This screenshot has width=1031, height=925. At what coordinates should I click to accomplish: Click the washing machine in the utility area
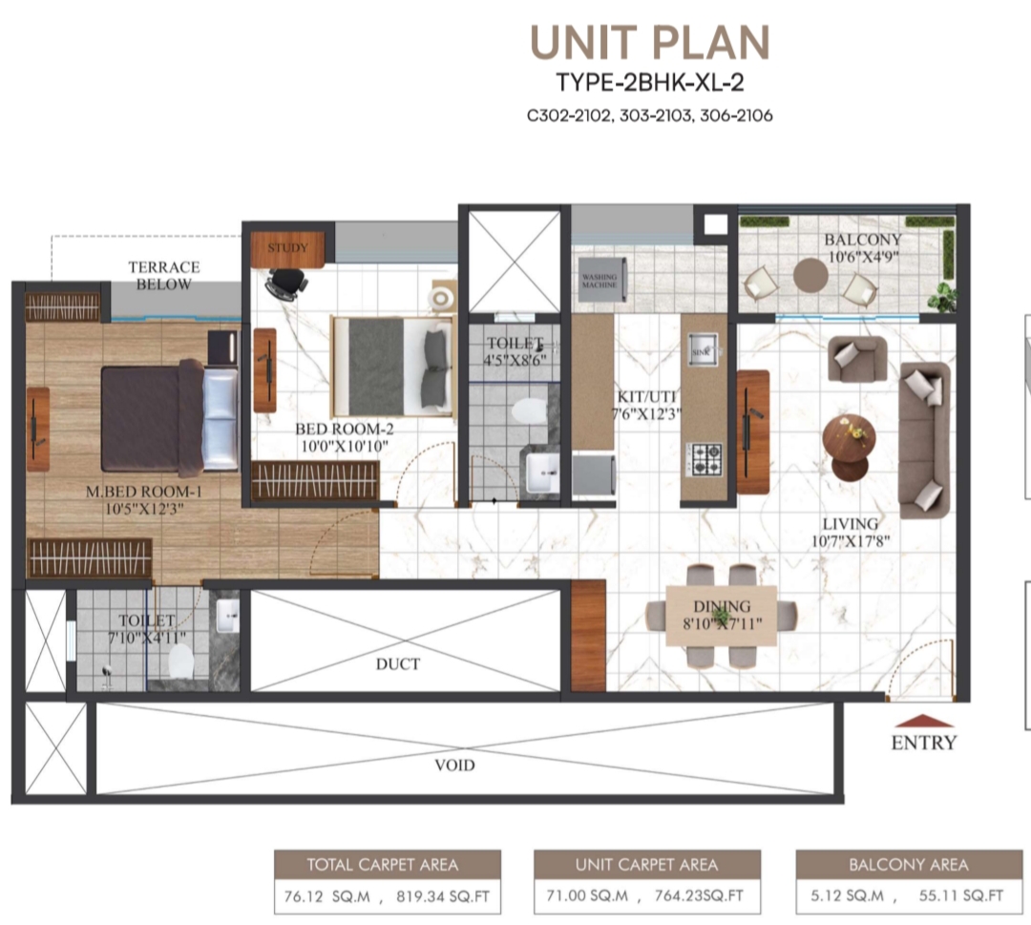[601, 280]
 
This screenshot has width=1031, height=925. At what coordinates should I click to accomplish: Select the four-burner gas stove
[705, 458]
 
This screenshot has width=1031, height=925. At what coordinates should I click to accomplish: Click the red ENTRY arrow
[924, 721]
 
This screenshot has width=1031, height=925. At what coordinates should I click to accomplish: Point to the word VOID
[454, 765]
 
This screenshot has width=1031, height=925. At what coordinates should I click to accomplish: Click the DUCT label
[398, 664]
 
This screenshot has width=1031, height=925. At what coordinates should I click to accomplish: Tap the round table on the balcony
[810, 276]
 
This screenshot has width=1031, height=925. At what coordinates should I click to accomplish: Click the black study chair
[286, 284]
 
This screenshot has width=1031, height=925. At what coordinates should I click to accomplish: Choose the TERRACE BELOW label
[164, 276]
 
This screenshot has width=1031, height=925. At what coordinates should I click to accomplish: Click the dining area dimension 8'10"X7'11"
[722, 622]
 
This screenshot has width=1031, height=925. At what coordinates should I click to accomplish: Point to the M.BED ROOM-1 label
[144, 491]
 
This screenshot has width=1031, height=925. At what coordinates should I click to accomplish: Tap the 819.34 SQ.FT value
[443, 896]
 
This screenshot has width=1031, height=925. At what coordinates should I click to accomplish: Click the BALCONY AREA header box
[909, 865]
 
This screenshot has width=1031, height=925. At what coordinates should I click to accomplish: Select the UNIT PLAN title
[650, 43]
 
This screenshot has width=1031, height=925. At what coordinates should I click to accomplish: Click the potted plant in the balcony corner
[943, 297]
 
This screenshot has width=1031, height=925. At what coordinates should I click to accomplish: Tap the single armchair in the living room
[856, 358]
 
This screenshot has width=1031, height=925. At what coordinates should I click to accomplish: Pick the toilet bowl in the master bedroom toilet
[180, 662]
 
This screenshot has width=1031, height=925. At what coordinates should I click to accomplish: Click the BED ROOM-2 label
[344, 429]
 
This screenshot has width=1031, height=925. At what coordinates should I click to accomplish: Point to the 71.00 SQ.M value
[587, 895]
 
